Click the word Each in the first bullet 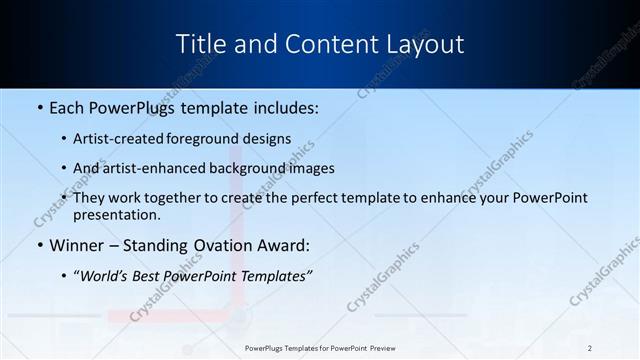[x=67, y=106]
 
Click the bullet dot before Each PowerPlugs [x=39, y=106]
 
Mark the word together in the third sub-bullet [x=198, y=198]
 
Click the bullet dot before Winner [x=39, y=245]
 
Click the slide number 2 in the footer [x=590, y=347]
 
